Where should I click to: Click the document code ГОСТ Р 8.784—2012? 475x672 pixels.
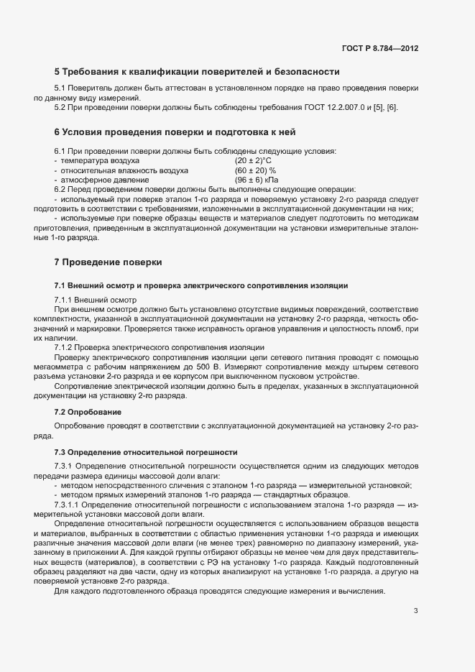380,48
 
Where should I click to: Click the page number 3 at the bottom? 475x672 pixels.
415,612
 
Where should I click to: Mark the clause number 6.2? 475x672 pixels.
61,189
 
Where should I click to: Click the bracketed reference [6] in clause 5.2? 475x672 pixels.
392,107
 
